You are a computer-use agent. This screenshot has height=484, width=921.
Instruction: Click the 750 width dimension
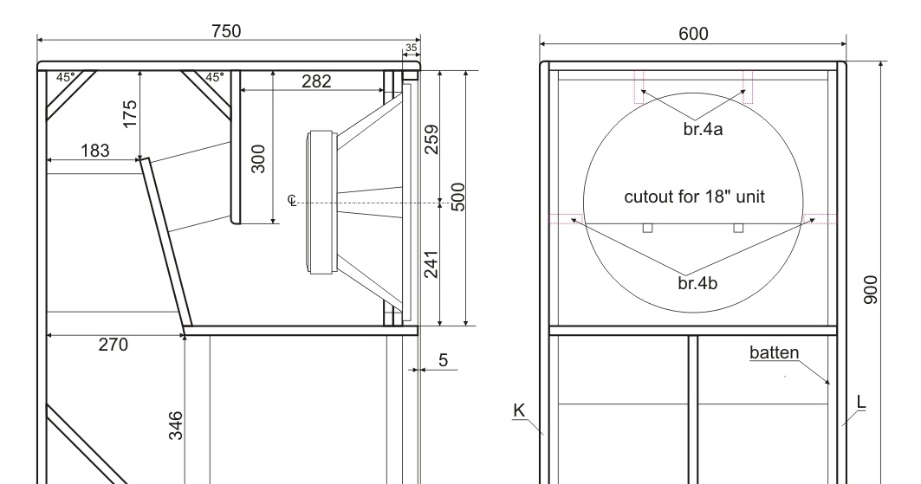(228, 30)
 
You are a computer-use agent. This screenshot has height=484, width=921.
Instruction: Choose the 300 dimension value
(257, 159)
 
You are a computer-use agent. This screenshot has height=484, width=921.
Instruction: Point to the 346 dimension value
(176, 426)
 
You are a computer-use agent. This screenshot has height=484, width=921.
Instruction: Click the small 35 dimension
(411, 48)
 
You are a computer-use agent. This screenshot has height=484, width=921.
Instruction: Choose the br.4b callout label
(697, 282)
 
